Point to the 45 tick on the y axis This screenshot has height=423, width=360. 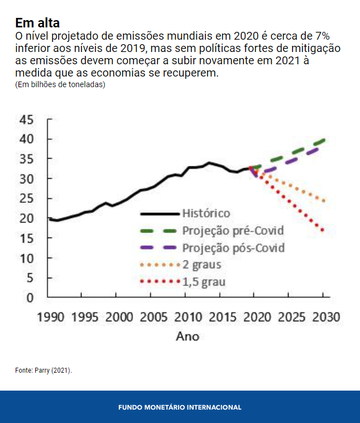(x=27, y=120)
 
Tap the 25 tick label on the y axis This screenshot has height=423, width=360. (x=27, y=198)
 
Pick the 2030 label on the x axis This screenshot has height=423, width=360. (x=325, y=317)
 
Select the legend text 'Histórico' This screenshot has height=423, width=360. (x=206, y=213)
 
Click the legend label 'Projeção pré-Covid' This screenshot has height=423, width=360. (x=233, y=230)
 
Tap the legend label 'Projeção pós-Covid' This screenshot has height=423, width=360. (x=233, y=248)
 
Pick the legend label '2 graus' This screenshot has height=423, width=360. (x=201, y=265)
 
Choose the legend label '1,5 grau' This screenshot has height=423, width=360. (x=204, y=282)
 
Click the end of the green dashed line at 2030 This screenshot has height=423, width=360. (x=324, y=140)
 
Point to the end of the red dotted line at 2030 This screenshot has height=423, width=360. (x=323, y=230)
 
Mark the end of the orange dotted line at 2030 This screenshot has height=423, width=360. (x=324, y=201)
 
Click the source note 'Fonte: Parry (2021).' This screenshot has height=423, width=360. (x=44, y=370)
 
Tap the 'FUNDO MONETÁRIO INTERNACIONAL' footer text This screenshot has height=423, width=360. (x=180, y=407)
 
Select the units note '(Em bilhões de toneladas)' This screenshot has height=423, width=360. (x=60, y=85)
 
